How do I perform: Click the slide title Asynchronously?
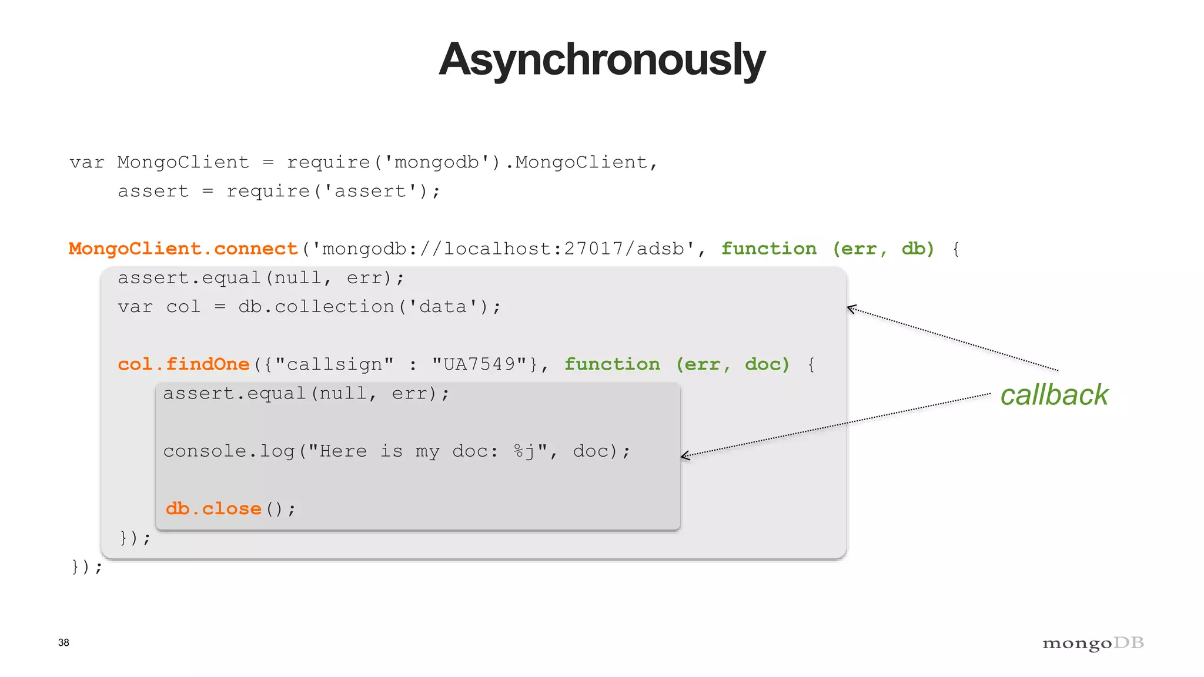coord(601,60)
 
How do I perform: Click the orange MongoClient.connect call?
coord(183,249)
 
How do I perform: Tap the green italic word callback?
coord(1054,394)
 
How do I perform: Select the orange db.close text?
coord(213,508)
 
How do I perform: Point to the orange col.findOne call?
coord(183,364)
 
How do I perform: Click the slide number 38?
coord(63,642)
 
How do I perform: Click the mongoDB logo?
coord(1093,644)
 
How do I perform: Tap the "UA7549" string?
coord(480,364)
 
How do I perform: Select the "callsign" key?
coord(334,364)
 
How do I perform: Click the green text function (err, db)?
coord(827,249)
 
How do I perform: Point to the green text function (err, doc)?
coord(677,364)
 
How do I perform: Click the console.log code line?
coord(396,451)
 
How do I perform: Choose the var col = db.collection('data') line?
coord(309,307)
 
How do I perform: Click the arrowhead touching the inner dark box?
coord(684,455)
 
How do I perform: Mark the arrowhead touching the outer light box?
coord(850,308)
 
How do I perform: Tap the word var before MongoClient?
coord(86,162)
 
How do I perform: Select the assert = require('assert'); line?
coord(279,191)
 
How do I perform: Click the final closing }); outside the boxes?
coord(87,567)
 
